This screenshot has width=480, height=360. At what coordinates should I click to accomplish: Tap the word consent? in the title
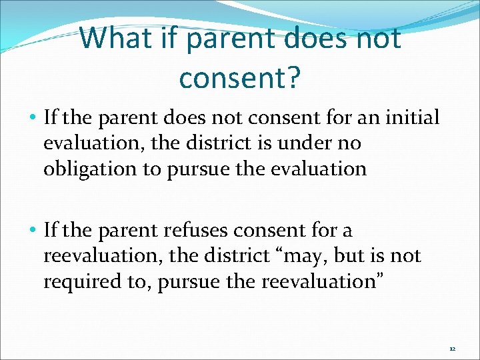click(x=240, y=78)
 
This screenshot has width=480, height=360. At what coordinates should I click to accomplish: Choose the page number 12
click(x=452, y=349)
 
